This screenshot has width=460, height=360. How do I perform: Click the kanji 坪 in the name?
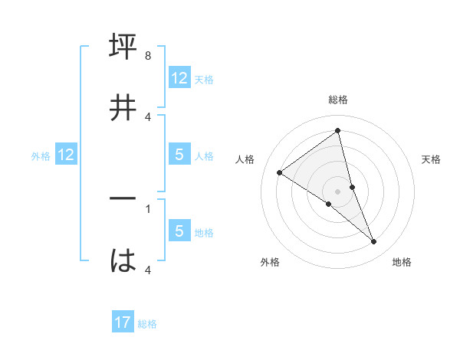[x=123, y=47]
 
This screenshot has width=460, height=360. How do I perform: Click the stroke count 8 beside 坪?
[x=148, y=57]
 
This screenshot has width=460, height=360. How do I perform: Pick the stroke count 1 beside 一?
[x=148, y=208]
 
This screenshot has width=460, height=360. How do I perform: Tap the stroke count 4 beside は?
[x=148, y=270]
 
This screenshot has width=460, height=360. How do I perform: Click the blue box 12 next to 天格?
[x=179, y=78]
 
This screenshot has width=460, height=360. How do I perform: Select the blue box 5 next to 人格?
[x=179, y=155]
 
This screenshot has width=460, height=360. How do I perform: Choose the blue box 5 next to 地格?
[x=179, y=231]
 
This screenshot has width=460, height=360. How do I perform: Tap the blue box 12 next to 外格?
[x=66, y=155]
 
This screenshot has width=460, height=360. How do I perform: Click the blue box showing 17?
[x=123, y=322]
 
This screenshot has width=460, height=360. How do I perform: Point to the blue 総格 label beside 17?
[x=147, y=324]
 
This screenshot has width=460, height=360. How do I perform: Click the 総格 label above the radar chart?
[x=338, y=100]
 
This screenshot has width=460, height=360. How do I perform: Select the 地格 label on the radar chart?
[x=402, y=262]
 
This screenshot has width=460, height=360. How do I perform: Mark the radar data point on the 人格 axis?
[x=279, y=172]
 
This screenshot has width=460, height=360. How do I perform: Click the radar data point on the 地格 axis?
[x=374, y=242]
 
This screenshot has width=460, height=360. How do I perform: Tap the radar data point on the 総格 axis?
[x=338, y=131]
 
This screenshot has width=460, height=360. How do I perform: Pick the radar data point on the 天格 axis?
[x=352, y=186]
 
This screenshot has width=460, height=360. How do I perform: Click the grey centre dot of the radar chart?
[x=338, y=191]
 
